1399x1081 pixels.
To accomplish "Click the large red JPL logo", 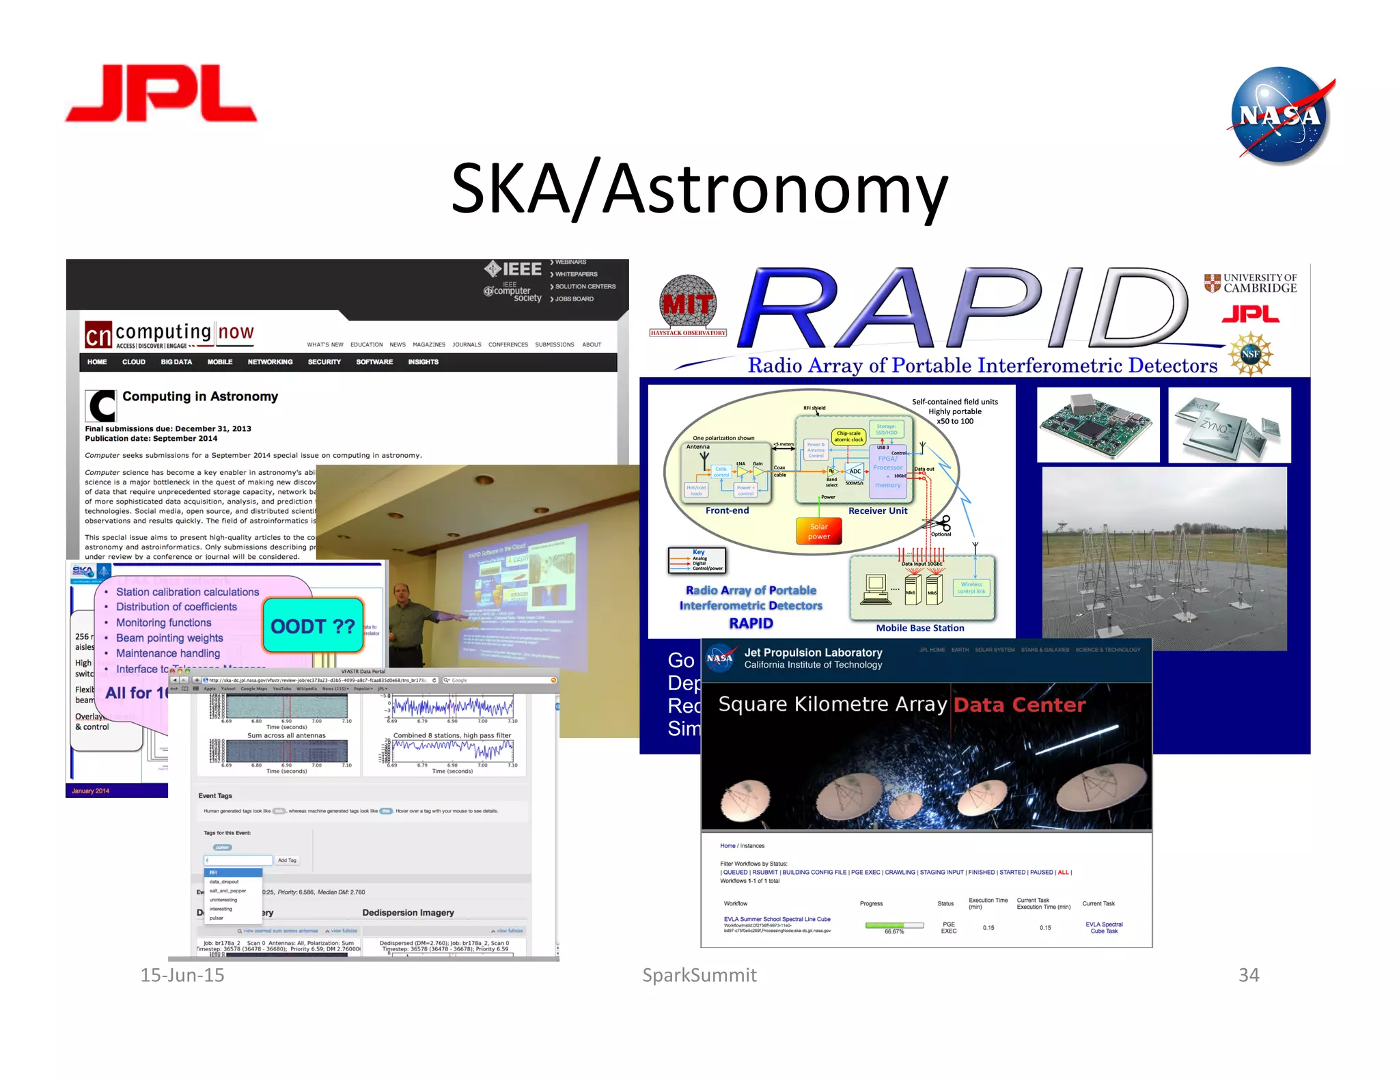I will (161, 94).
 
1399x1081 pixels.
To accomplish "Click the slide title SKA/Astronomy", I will (699, 189).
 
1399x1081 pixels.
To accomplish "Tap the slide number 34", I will (1248, 975).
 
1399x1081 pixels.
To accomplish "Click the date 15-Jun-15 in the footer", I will (182, 975).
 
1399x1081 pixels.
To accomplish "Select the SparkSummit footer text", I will (699, 975).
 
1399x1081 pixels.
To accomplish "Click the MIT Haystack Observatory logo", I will (688, 305).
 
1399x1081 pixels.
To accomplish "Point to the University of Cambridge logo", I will (1250, 283).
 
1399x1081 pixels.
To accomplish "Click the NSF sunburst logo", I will (1250, 353).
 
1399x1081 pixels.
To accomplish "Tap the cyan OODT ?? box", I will (313, 625).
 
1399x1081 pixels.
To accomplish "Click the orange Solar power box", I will (818, 531).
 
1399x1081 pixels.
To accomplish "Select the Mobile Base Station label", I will (919, 628).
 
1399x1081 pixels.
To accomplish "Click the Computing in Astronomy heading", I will (199, 396).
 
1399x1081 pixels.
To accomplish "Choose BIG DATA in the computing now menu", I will (176, 362).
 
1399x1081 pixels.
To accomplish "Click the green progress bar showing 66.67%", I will (894, 925).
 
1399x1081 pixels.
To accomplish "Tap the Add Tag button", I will (287, 860).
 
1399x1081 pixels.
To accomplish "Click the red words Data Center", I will (1019, 704).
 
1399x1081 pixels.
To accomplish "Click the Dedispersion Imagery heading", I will (408, 912).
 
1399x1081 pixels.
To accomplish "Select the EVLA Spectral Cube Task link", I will (1103, 927).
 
